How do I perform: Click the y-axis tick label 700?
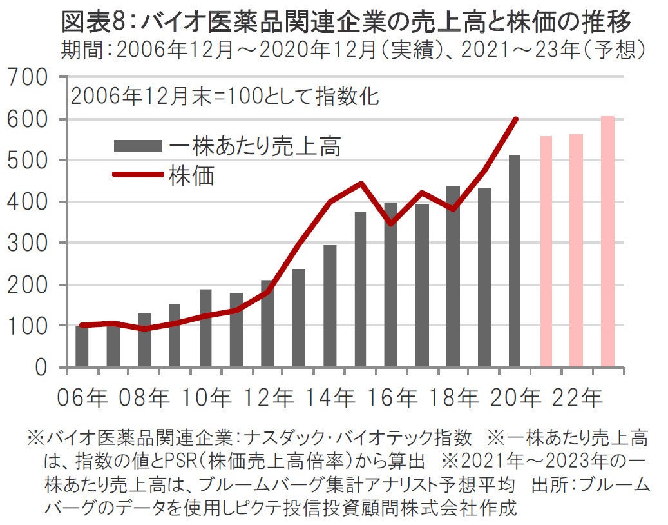[30, 79]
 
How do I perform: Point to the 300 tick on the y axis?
[30, 243]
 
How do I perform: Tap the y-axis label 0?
[40, 368]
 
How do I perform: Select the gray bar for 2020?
[514, 261]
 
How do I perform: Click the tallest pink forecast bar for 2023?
[607, 243]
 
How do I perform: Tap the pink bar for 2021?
[546, 252]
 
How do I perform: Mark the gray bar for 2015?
[360, 290]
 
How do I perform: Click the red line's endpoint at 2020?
[516, 119]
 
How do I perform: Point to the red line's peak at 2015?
[361, 183]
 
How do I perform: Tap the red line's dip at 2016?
[391, 223]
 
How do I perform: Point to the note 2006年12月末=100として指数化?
[225, 97]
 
